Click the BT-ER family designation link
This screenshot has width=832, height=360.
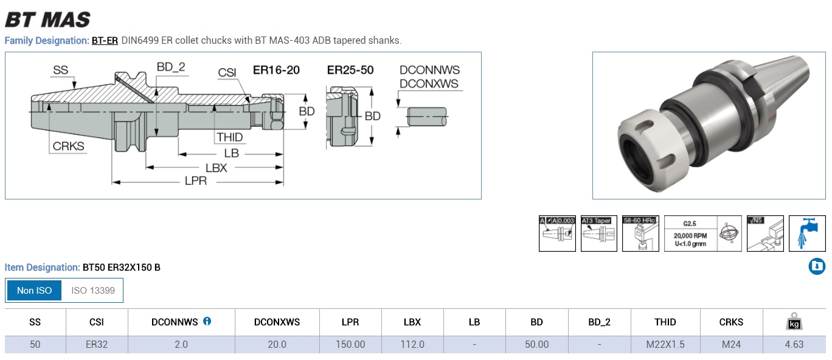(x=105, y=41)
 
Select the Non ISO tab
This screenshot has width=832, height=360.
(x=35, y=291)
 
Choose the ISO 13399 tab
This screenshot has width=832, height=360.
(x=92, y=291)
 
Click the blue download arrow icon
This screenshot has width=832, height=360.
(x=817, y=266)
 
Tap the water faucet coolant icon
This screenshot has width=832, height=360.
(x=807, y=234)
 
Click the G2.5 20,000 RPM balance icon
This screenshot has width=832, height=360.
(x=702, y=234)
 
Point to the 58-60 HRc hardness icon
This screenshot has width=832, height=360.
(x=640, y=234)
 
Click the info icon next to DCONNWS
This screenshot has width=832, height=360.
(x=207, y=321)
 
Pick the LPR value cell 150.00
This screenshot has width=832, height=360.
(x=350, y=344)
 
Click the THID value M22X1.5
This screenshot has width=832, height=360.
(x=665, y=344)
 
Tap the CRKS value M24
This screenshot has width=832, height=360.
(x=731, y=344)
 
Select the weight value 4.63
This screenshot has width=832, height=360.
(x=794, y=344)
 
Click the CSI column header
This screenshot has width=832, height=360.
(x=97, y=322)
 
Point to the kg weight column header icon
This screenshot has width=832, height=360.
(x=794, y=321)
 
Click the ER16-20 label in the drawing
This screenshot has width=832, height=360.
(x=276, y=70)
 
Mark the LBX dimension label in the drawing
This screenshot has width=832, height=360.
(x=216, y=168)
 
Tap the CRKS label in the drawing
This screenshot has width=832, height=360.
(x=68, y=146)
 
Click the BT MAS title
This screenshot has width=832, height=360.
(x=47, y=19)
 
